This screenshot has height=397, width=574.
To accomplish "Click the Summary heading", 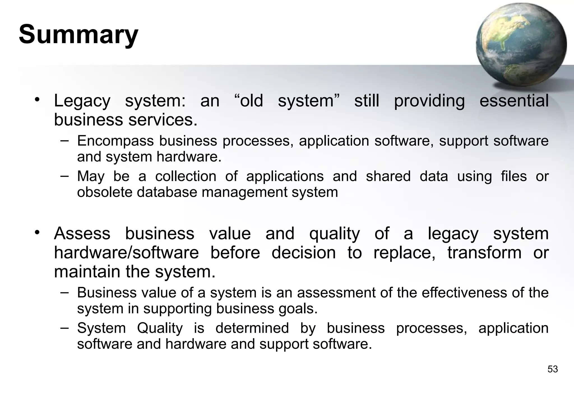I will pyautogui.click(x=78, y=34).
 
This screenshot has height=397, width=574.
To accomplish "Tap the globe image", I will pyautogui.click(x=521, y=45).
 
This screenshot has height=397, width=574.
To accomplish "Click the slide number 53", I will pyautogui.click(x=552, y=369).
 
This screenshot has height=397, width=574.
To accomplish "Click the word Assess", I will pyautogui.click(x=82, y=233).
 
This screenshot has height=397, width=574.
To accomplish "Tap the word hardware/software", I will pyautogui.click(x=126, y=253).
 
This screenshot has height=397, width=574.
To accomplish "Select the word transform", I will pyautogui.click(x=484, y=253).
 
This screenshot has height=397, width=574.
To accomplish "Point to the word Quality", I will pyautogui.click(x=160, y=328).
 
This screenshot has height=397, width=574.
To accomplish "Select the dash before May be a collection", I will pyautogui.click(x=64, y=176).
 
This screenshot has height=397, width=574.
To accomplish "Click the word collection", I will pyautogui.click(x=186, y=177).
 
